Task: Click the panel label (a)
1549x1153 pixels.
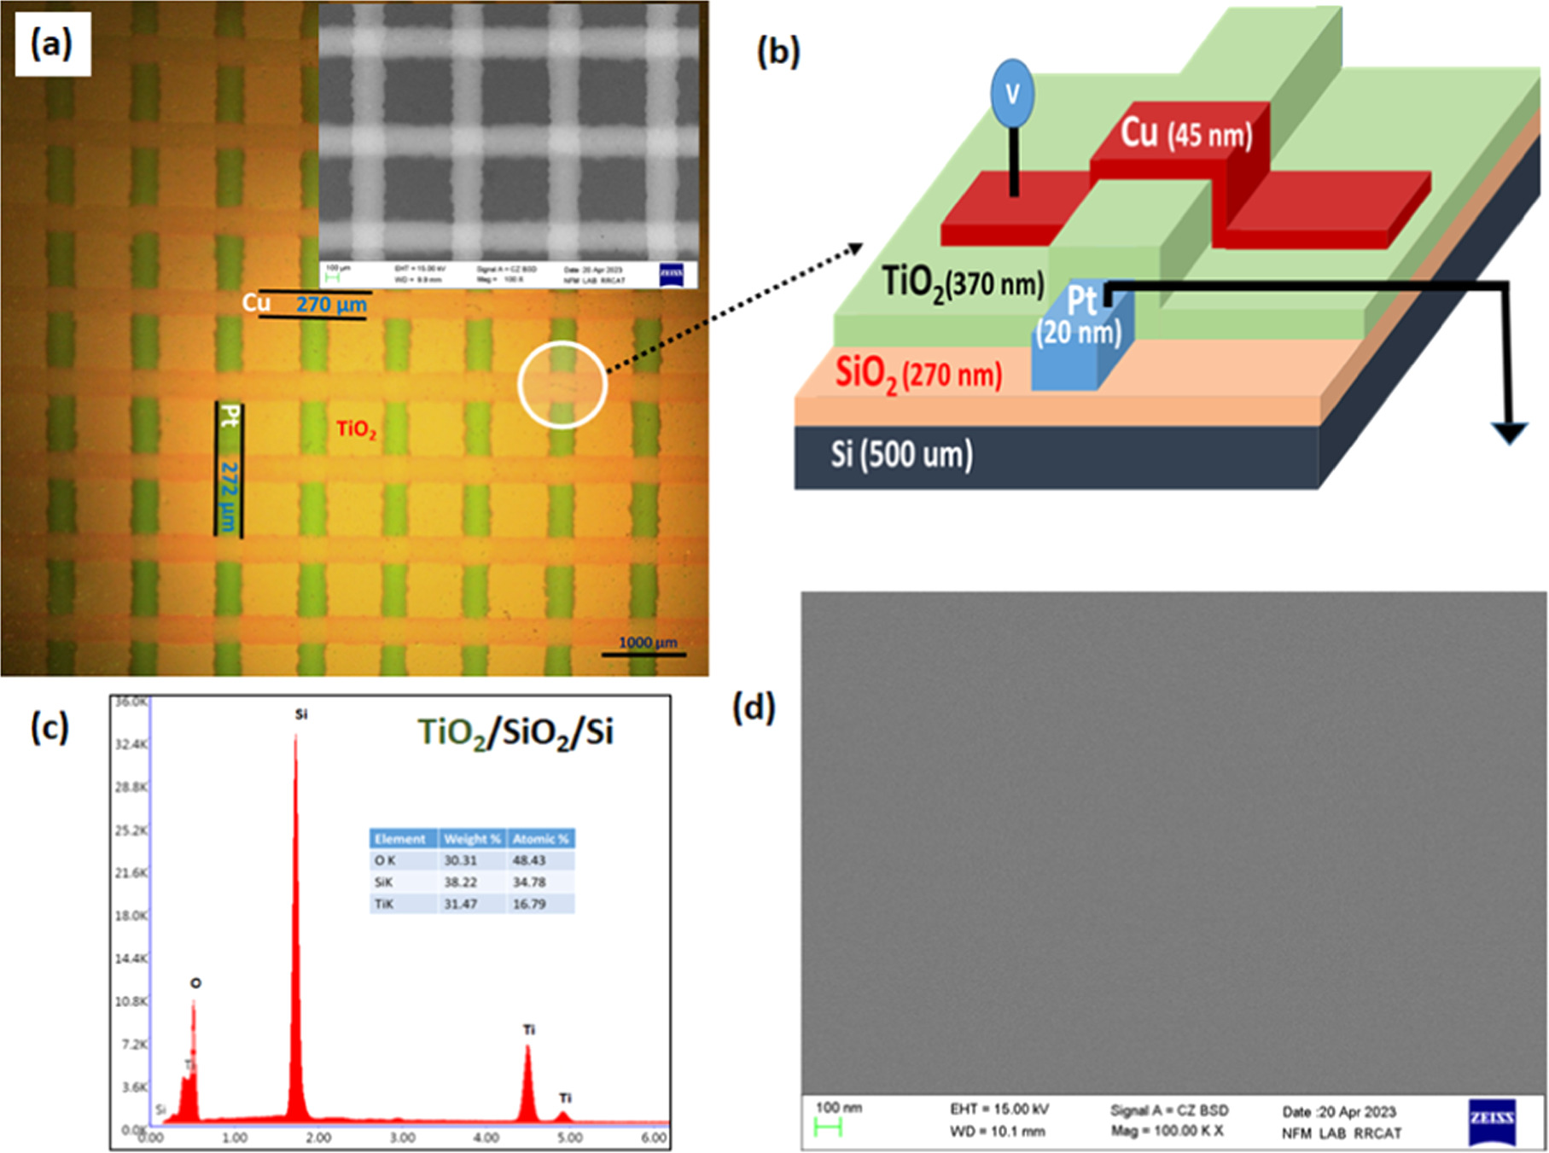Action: (x=52, y=44)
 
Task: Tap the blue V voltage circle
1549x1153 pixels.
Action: (x=1012, y=93)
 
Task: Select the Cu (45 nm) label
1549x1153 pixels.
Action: (x=1185, y=134)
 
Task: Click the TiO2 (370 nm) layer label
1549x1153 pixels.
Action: (x=962, y=282)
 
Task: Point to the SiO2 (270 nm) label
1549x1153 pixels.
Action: (x=918, y=374)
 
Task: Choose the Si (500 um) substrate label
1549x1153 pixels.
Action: (x=901, y=454)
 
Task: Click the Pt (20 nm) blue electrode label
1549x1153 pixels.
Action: (x=1080, y=316)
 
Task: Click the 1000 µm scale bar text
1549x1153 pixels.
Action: (x=647, y=642)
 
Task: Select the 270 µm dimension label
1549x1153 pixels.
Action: (x=331, y=305)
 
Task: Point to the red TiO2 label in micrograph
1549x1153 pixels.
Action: (x=356, y=428)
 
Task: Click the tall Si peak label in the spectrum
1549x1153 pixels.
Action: (x=300, y=714)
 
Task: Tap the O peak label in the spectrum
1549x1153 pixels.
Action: (x=195, y=983)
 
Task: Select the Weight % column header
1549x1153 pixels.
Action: (x=471, y=839)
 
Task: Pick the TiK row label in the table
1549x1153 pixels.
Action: (x=384, y=904)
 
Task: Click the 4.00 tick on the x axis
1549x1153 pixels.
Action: (x=486, y=1138)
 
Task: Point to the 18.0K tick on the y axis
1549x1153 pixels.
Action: (x=131, y=915)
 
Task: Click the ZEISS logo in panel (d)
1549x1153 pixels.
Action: (x=1492, y=1121)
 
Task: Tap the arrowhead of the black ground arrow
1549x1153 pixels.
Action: (x=1510, y=434)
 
